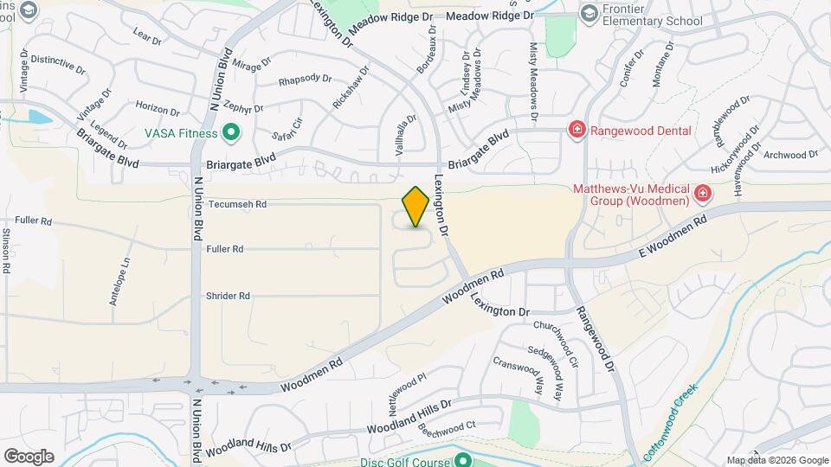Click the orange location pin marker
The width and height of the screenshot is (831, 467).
415,206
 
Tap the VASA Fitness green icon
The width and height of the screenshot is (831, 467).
231,132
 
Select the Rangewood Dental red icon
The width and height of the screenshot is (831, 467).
576,130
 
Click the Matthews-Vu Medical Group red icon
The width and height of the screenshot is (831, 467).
703,192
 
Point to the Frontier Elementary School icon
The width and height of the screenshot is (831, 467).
589,12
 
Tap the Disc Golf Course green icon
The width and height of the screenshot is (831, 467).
462,460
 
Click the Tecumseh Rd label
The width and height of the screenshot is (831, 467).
237,205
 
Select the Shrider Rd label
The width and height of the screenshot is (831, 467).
228,296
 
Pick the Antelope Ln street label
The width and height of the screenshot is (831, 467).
119,282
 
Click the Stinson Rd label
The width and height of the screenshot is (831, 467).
6,251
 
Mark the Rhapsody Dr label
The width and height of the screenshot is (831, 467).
305,80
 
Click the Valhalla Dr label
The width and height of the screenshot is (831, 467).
406,133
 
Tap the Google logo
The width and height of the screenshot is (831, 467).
29,457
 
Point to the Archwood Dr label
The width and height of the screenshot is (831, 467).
791,155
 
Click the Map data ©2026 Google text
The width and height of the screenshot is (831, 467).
777,460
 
